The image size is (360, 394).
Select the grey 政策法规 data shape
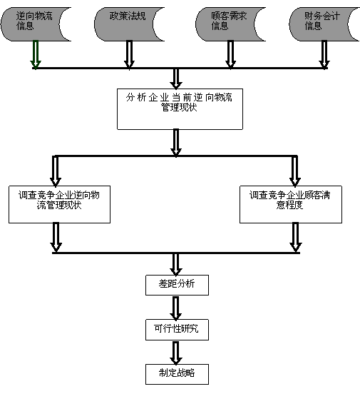tap(125, 24)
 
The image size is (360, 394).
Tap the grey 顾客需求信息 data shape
tap(226, 24)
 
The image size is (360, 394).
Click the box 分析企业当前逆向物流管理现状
tap(180, 109)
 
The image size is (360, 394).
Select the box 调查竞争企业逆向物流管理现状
tap(59, 204)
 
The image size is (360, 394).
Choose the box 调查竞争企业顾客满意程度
tap(291, 204)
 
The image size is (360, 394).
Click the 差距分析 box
tap(177, 285)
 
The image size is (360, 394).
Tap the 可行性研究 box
tap(177, 330)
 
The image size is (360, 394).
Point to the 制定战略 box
tap(177, 374)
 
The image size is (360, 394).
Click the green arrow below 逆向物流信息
tap(36, 54)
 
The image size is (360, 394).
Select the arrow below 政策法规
tap(129, 54)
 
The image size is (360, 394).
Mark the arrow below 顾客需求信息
tap(230, 54)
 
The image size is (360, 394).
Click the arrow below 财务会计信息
tap(324, 54)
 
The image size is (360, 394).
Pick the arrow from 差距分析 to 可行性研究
tap(176, 308)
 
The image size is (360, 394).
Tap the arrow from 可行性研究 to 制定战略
tap(176, 353)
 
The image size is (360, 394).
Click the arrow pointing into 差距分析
tap(176, 264)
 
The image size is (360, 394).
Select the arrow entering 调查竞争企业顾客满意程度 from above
tap(295, 171)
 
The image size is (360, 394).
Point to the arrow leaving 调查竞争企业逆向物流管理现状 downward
tap(56, 237)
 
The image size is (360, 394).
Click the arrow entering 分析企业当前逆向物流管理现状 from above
tap(176, 79)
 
